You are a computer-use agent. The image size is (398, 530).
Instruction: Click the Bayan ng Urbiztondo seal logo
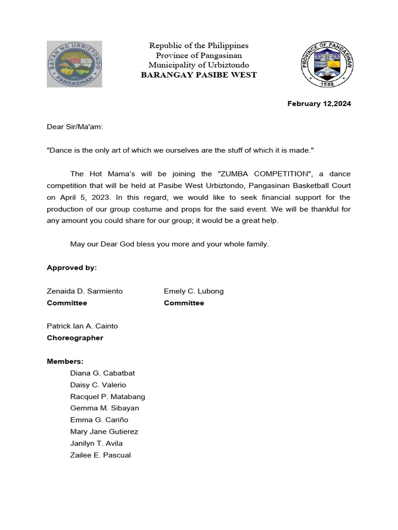[75, 64]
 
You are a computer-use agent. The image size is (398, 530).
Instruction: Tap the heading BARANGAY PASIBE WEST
[199, 75]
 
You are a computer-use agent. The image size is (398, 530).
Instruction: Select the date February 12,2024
[319, 104]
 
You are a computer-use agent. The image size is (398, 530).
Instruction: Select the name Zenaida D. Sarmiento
[85, 291]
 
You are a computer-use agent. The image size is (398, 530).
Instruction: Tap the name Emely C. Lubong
[194, 291]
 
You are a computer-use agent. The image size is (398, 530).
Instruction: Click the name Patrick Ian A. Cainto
[82, 326]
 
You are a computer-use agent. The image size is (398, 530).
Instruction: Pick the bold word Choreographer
[75, 338]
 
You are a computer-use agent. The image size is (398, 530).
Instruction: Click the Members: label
[65, 361]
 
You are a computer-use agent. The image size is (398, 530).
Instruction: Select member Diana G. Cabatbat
[103, 373]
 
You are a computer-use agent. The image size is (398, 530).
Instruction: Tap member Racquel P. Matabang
[108, 396]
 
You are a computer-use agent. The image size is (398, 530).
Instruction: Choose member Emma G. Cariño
[99, 420]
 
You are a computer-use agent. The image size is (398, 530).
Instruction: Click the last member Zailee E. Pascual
[101, 455]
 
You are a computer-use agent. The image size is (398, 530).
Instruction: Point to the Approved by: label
[72, 268]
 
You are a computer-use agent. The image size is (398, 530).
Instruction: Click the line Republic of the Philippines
[199, 46]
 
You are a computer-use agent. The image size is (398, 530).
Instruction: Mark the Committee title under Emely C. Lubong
[184, 303]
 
